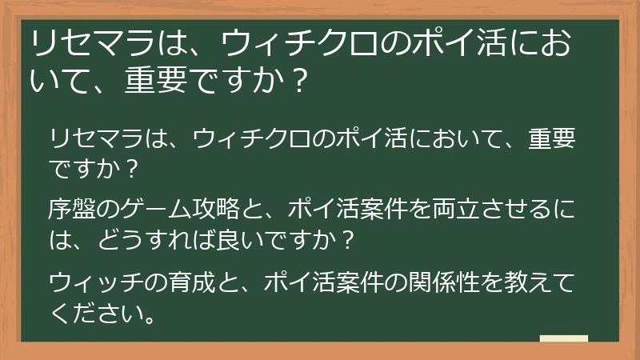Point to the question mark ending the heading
(x=297, y=82)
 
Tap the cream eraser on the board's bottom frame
(x=564, y=339)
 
